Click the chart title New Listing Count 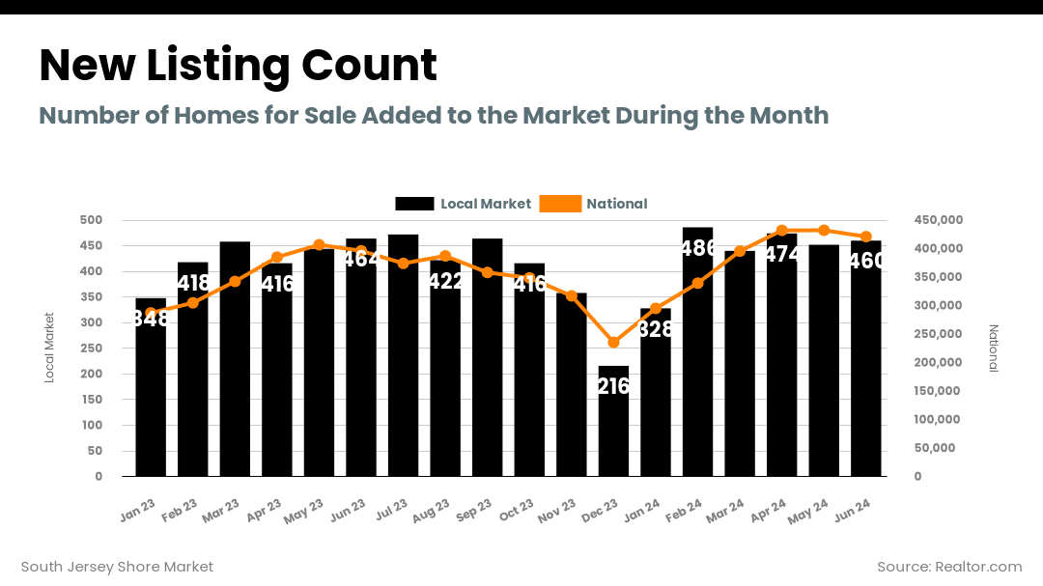click(238, 66)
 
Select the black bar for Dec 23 click(613, 425)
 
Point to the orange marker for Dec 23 click(613, 342)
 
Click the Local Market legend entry click(464, 204)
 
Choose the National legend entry click(594, 204)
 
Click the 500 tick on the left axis click(91, 220)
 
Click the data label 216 click(613, 386)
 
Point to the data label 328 click(656, 329)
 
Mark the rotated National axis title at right click(993, 348)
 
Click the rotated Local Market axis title click(50, 348)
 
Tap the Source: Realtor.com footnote click(948, 567)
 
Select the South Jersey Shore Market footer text click(117, 567)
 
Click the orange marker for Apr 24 click(782, 231)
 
